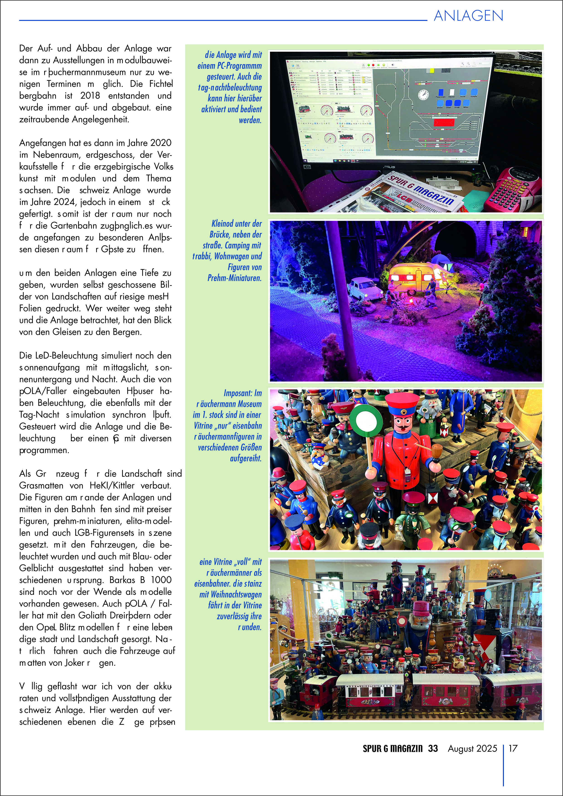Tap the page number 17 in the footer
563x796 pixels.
(513, 748)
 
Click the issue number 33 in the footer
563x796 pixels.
(433, 748)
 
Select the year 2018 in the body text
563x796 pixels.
(90, 96)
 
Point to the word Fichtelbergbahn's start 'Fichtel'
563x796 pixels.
(161, 84)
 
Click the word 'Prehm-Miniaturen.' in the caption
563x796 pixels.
(234, 278)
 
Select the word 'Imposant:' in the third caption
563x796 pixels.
(238, 393)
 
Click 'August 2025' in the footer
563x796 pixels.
(472, 748)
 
